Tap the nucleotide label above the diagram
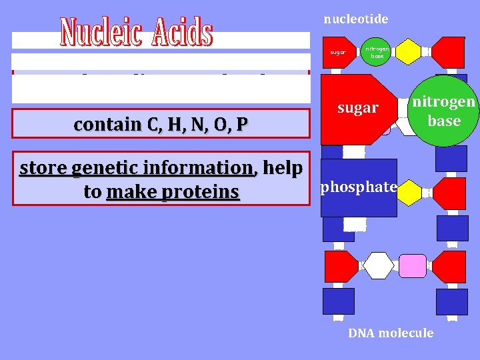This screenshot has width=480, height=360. coord(355,19)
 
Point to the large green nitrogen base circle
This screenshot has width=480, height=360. coord(444,111)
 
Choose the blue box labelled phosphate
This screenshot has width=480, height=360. coord(359,187)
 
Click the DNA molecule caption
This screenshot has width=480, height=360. coord(391,333)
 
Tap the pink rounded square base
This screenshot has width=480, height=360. coord(412,266)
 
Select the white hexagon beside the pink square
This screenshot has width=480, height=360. coord(378,266)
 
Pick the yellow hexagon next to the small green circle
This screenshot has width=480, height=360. coord(407,51)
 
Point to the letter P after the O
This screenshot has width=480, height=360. coord(242,125)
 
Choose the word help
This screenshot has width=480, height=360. coord(283,169)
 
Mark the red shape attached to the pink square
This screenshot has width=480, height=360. coord(448,266)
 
